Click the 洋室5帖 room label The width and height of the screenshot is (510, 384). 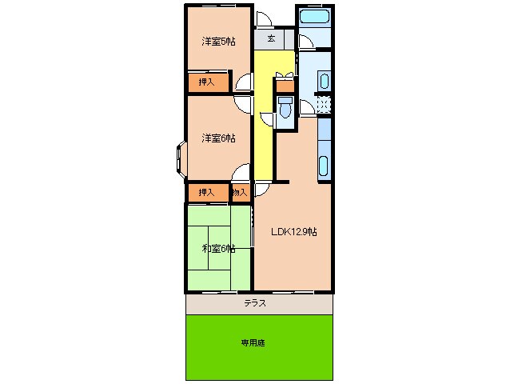[x=217, y=42]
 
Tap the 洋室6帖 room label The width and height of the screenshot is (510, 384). [x=217, y=138]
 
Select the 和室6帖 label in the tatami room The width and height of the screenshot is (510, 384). [x=217, y=249]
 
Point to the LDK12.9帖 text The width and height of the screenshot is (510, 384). [x=293, y=232]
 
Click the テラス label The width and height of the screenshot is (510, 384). [x=255, y=304]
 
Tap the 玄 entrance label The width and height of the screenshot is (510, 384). [x=272, y=38]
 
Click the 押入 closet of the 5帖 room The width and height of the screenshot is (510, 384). [x=206, y=82]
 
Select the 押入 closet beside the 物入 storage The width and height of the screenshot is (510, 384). [x=206, y=192]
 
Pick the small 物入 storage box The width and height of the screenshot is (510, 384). [x=239, y=192]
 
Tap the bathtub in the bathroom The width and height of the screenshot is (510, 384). [x=315, y=17]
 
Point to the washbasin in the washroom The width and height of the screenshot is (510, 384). [x=324, y=80]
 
